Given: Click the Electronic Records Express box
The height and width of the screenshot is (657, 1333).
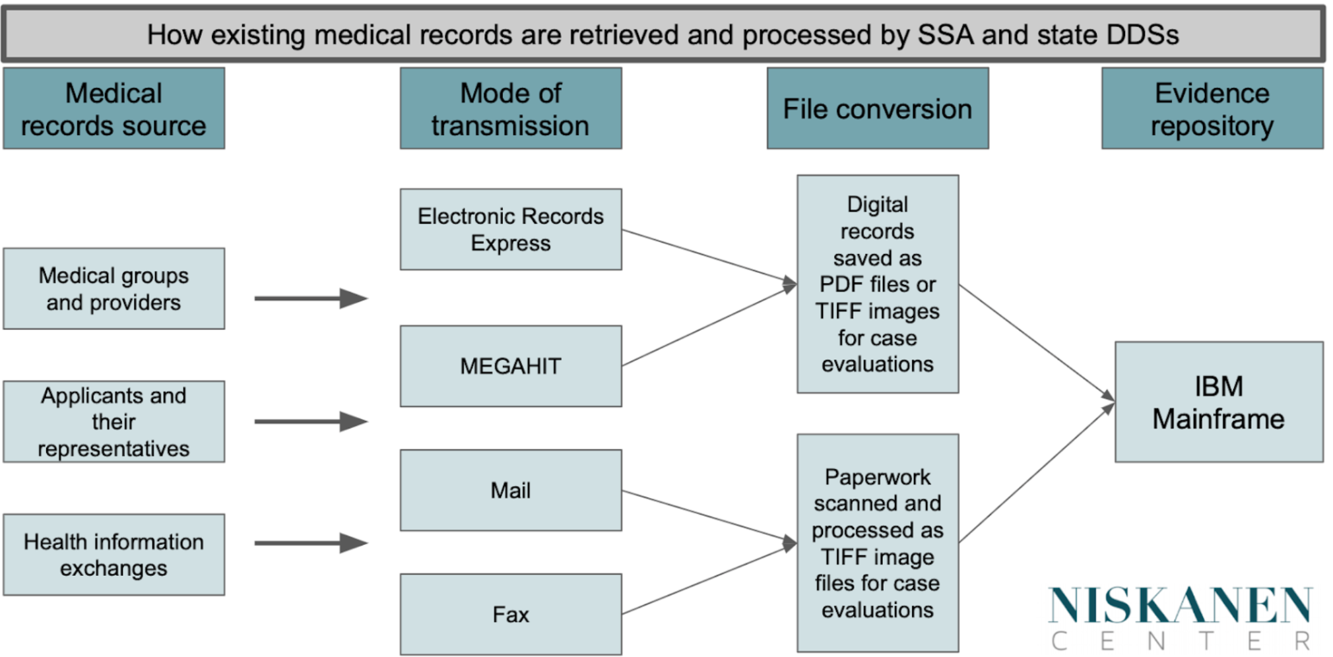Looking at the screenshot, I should [x=510, y=229].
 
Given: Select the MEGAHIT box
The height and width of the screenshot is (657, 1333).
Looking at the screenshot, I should [x=510, y=365].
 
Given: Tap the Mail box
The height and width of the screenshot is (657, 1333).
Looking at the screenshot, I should [x=510, y=490].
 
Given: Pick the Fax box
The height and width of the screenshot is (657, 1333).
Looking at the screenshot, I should [x=510, y=614].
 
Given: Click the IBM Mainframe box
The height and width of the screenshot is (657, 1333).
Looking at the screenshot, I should [x=1218, y=402].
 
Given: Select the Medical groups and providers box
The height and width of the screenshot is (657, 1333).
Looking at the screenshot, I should [x=114, y=288].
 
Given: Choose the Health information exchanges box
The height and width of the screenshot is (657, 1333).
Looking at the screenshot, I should [x=114, y=555].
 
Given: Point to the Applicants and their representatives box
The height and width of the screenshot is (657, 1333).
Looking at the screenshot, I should [x=114, y=422].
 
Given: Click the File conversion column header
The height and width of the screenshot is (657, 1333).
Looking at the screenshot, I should [x=877, y=109].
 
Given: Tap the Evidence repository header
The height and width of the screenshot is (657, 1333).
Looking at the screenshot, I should [x=1212, y=109].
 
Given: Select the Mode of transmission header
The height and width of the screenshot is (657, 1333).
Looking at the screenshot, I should [x=510, y=109].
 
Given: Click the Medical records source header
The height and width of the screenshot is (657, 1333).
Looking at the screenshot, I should [x=114, y=109].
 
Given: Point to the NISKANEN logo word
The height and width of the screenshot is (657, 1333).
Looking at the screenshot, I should [x=1180, y=605].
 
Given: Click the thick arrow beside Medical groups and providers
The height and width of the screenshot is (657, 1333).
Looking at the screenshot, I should [x=310, y=298].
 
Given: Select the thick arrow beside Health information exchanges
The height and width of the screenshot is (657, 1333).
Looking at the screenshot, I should [x=310, y=543].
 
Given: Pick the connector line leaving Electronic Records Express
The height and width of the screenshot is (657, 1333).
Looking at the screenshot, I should [x=706, y=257].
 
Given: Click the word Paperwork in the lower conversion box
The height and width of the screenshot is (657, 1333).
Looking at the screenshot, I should [x=877, y=476].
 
